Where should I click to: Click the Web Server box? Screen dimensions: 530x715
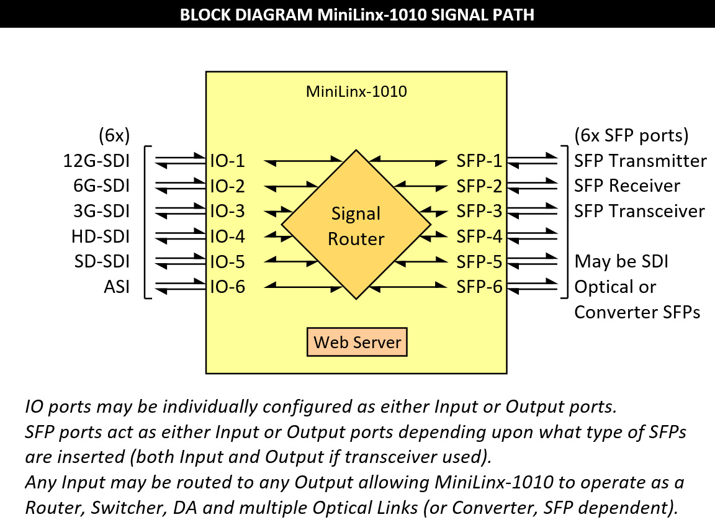click(x=357, y=342)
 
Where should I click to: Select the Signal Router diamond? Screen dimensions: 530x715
click(x=356, y=225)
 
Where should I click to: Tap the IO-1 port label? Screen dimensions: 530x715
click(x=227, y=161)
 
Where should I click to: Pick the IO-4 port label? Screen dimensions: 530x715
click(x=227, y=236)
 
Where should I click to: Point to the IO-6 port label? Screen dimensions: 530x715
click(x=227, y=287)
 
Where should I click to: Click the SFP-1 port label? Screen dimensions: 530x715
click(x=479, y=161)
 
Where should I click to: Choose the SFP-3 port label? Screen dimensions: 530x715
click(x=479, y=212)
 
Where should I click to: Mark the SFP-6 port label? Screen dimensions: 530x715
click(x=479, y=287)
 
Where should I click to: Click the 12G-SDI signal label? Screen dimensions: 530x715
click(x=96, y=161)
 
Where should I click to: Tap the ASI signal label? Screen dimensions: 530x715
click(x=116, y=287)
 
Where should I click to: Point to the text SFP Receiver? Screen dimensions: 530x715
click(x=627, y=186)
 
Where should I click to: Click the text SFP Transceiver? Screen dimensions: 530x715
click(x=639, y=212)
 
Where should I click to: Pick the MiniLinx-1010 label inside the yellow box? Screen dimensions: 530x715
click(x=356, y=92)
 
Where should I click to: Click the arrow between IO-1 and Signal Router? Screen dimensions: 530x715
click(x=305, y=162)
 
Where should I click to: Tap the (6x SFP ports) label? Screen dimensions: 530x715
click(x=631, y=136)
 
